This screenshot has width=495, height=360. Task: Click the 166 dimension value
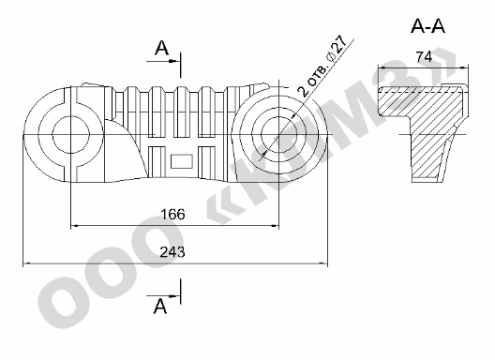pos(172,214)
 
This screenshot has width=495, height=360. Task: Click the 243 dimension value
pos(172,252)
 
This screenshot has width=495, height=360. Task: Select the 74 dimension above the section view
pos(424,57)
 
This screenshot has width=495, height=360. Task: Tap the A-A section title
pos(427,26)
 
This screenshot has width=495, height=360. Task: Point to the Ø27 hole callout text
pos(337,48)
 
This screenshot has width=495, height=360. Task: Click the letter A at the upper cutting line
pos(161,48)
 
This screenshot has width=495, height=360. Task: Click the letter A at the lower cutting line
pos(160,306)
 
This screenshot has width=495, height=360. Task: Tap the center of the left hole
pos(70,135)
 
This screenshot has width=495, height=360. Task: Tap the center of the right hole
pos(279,135)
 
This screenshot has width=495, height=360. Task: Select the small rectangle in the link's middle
pos(182,161)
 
